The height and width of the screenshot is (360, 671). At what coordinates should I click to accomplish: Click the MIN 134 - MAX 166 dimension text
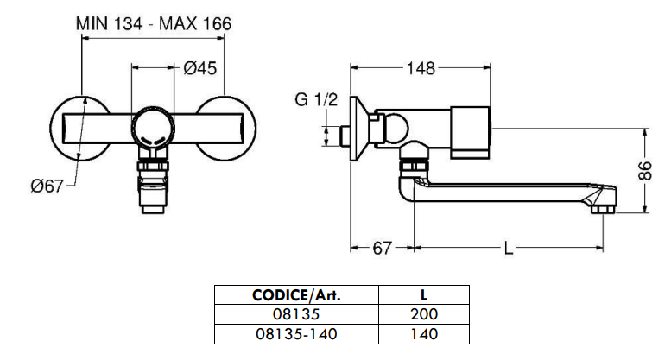tap(154, 23)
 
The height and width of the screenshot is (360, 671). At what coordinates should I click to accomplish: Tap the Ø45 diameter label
tap(199, 68)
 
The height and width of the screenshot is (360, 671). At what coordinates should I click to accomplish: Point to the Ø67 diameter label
tap(47, 186)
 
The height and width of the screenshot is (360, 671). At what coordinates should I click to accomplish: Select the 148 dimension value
tap(421, 68)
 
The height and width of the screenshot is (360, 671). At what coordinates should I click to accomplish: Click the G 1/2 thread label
tap(316, 99)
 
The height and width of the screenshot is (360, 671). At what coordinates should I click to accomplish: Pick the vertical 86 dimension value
tap(645, 171)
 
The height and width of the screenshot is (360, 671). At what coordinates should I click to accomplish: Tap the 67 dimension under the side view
tap(383, 248)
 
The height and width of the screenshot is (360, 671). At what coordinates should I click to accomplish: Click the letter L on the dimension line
tap(509, 248)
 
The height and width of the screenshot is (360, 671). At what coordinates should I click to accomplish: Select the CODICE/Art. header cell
tap(296, 295)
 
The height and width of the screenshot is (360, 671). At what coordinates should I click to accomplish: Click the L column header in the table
tap(424, 295)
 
